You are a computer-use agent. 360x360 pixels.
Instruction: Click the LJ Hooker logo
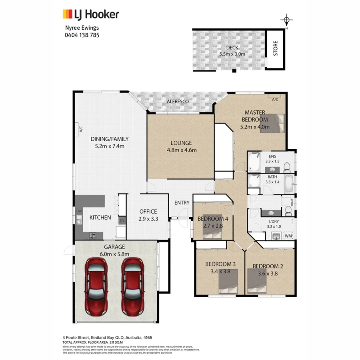[x=91, y=15]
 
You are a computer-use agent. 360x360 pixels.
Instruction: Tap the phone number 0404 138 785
[x=82, y=35]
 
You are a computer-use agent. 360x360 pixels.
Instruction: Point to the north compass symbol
[x=286, y=20]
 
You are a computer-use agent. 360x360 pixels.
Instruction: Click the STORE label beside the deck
[x=276, y=48]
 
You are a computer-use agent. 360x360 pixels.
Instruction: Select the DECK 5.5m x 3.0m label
[x=232, y=51]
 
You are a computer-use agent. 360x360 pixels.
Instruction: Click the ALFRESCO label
[x=178, y=102]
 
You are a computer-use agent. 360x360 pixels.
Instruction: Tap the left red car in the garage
[x=96, y=286]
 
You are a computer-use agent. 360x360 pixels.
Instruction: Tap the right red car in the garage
[x=132, y=286]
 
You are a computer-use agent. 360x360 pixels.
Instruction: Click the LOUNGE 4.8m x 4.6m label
[x=181, y=146]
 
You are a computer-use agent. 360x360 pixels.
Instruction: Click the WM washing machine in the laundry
[x=288, y=236]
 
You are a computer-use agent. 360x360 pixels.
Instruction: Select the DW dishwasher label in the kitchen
[x=79, y=211]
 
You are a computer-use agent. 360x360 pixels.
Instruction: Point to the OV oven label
[x=122, y=220]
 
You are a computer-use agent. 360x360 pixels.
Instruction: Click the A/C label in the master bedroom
[x=275, y=100]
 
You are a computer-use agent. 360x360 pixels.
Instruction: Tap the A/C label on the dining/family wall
[x=80, y=129]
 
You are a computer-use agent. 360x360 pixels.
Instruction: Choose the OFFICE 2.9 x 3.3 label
[x=148, y=215]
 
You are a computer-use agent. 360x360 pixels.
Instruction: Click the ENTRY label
[x=182, y=203]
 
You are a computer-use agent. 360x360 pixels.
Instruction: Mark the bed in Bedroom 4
[x=213, y=232]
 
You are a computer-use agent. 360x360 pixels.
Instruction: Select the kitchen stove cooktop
[x=93, y=235]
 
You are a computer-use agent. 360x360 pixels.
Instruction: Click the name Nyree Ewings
[x=82, y=28]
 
